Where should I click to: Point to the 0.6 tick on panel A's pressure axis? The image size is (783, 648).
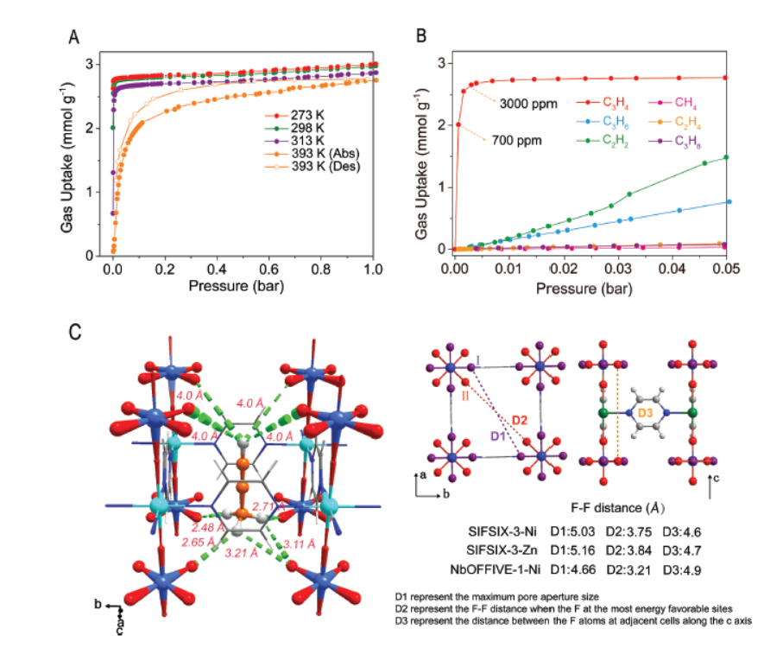point(268,268)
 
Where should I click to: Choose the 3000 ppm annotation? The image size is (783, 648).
point(527,104)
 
